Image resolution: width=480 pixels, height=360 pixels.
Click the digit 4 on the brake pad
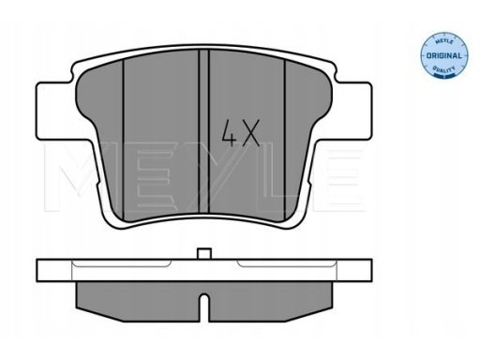tap(228, 134)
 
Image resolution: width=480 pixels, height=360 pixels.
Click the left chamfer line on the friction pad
tap(123, 131)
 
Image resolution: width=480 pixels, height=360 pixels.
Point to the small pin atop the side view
tap(202, 254)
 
